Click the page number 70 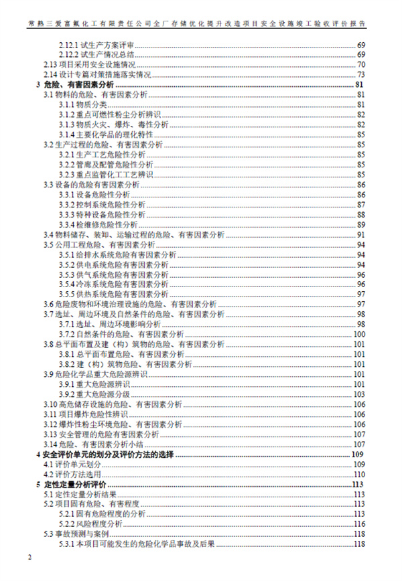(x=360, y=65)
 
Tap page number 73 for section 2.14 (x=360, y=74)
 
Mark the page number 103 (x=358, y=394)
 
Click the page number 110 (x=358, y=474)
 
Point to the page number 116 (x=358, y=523)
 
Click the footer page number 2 (x=29, y=558)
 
